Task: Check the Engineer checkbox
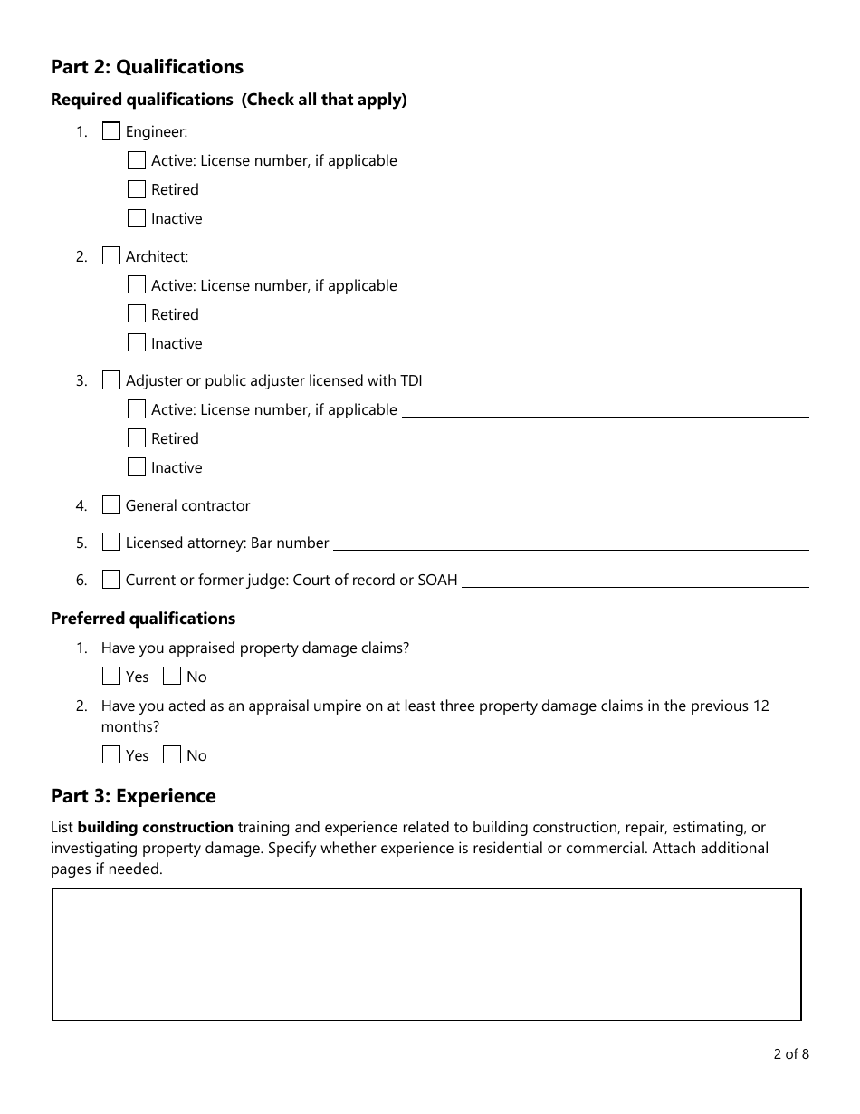pos(110,131)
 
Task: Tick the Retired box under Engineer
pos(137,189)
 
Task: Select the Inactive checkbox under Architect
pos(137,343)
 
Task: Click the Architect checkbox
pos(110,256)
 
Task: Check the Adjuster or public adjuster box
pos(110,380)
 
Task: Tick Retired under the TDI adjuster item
pos(137,438)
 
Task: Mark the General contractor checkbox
pos(110,505)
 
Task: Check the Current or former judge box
pos(110,580)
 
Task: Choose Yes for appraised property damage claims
pos(110,677)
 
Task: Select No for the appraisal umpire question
pos(172,755)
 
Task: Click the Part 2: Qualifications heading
pos(147,67)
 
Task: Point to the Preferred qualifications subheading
pos(143,619)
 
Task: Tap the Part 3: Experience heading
pos(133,796)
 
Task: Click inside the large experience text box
pos(425,954)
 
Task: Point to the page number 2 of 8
pos(790,1053)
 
